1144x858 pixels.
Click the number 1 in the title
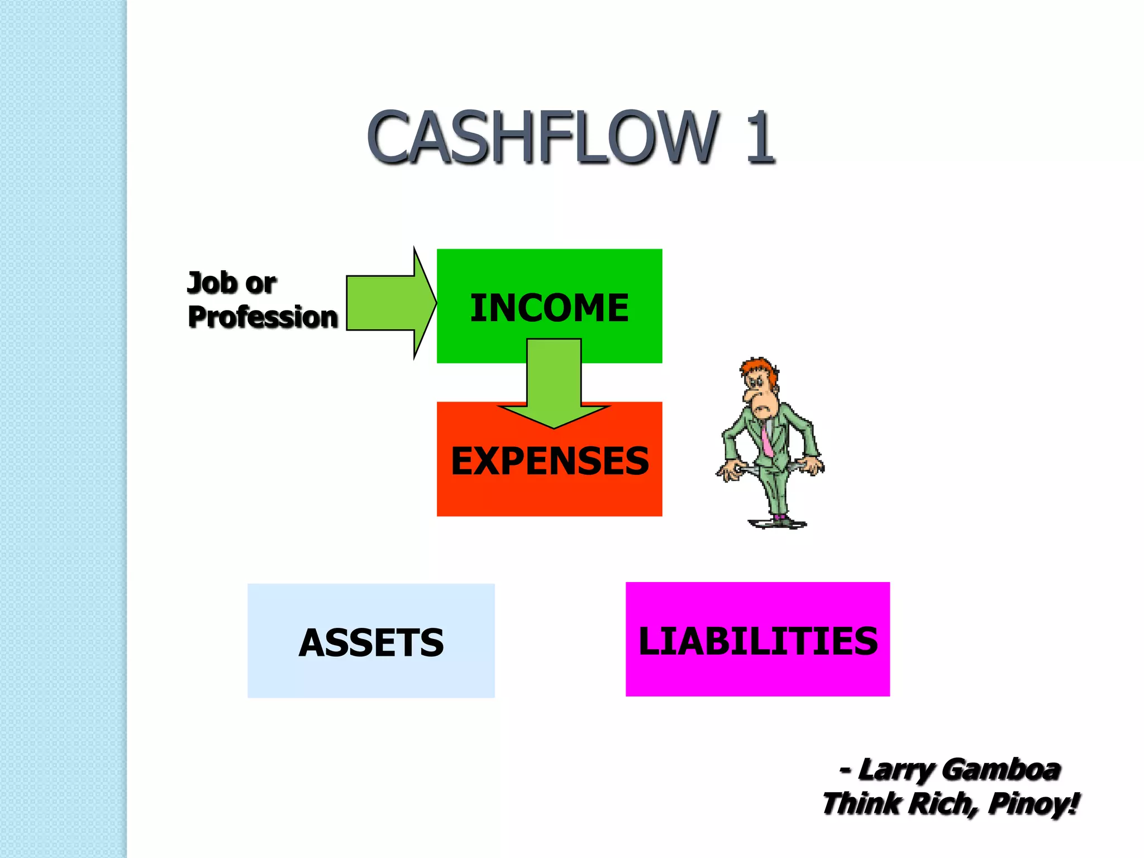click(760, 137)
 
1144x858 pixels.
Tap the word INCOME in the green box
click(549, 308)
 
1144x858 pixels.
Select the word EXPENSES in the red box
click(550, 461)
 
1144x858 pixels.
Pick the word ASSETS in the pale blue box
click(371, 642)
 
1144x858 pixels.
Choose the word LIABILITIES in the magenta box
click(757, 641)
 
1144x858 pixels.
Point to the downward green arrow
click(554, 385)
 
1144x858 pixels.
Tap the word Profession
click(263, 317)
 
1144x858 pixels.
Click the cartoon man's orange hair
click(757, 369)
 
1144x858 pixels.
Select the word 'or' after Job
click(260, 284)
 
